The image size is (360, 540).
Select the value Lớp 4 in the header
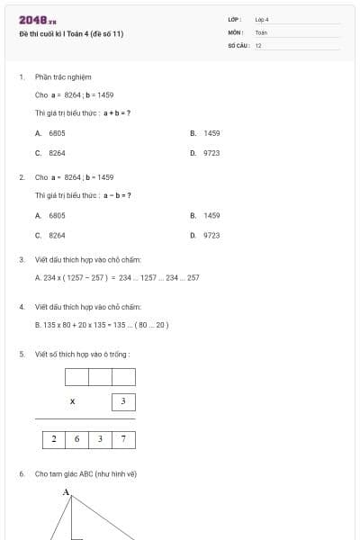262,19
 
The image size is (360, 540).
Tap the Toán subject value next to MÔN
261,31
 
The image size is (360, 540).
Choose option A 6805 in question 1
51,132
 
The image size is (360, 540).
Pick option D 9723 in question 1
206,153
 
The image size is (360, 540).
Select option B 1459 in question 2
206,215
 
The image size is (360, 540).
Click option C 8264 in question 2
51,235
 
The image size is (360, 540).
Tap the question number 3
21,259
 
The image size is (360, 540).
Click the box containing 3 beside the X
123,400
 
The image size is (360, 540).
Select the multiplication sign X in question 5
72,400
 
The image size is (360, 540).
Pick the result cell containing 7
123,440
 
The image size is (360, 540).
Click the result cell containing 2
53,440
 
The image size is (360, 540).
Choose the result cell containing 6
76,440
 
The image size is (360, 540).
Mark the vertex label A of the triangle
66,491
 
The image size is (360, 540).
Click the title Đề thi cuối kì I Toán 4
71,34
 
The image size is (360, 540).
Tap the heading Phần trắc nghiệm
63,76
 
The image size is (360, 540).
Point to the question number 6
21,473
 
